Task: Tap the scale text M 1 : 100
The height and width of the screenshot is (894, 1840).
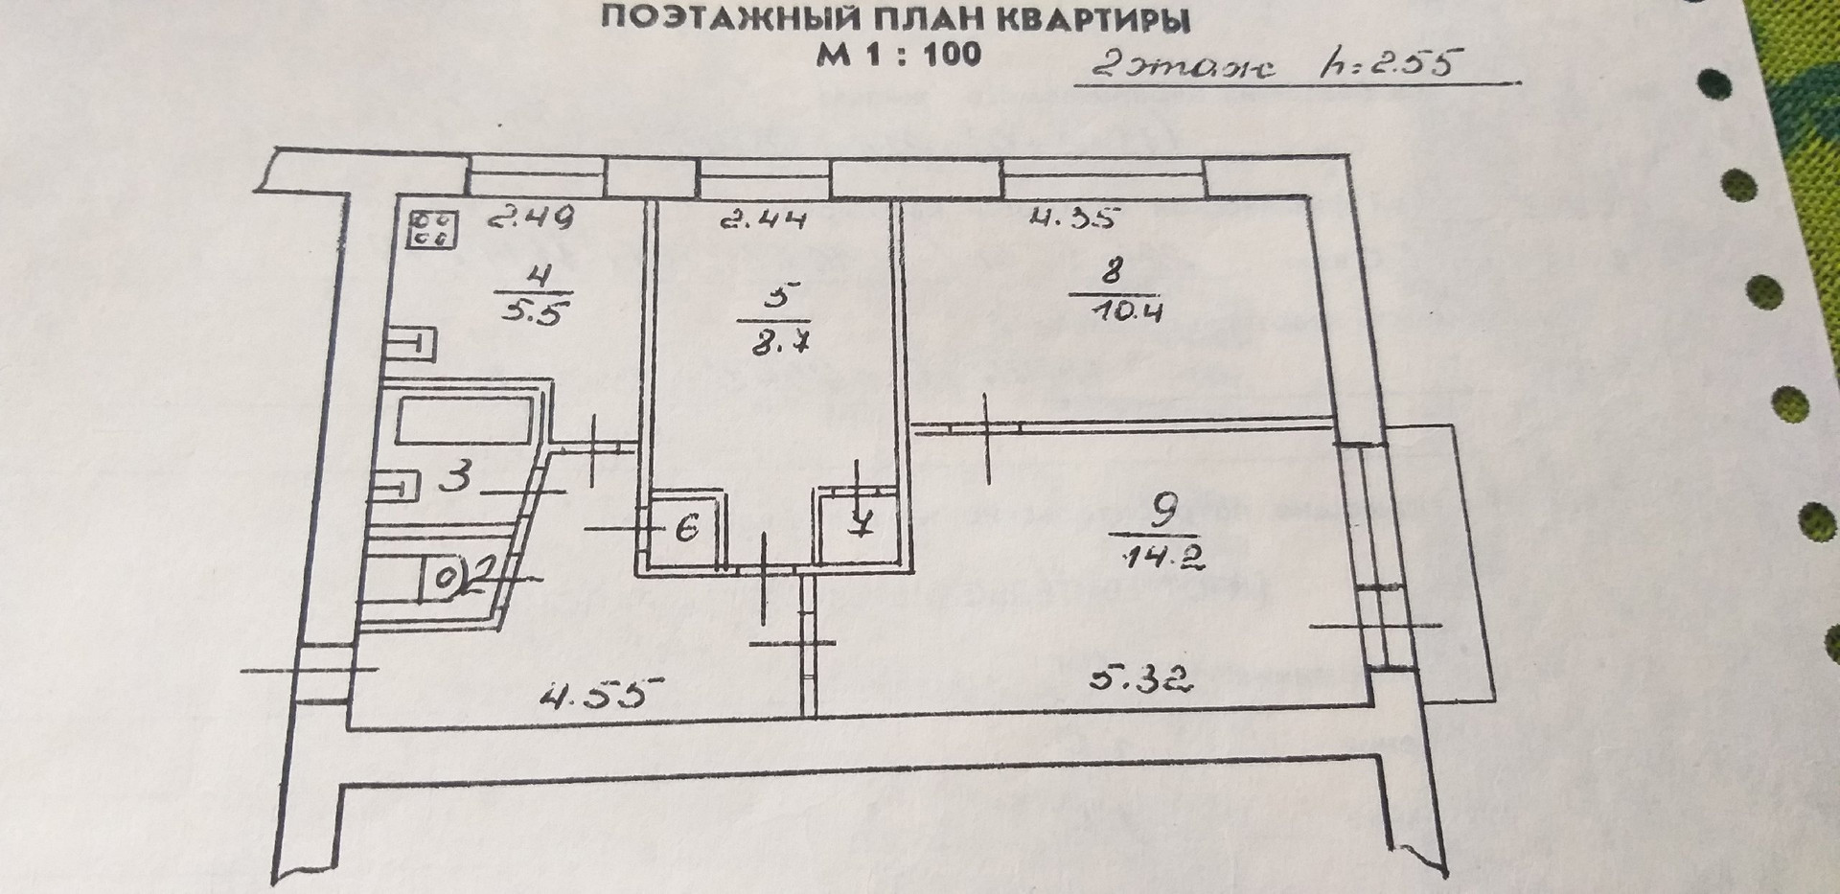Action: click(x=898, y=54)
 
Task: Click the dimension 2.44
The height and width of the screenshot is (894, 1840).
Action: click(x=763, y=220)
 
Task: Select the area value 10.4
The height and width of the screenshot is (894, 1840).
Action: click(x=1127, y=309)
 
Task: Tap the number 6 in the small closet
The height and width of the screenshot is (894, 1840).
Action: click(x=686, y=528)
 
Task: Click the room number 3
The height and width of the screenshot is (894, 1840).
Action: click(x=459, y=476)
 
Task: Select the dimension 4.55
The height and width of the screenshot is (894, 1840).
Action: click(x=602, y=692)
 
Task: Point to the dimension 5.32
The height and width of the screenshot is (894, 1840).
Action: click(x=1139, y=681)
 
